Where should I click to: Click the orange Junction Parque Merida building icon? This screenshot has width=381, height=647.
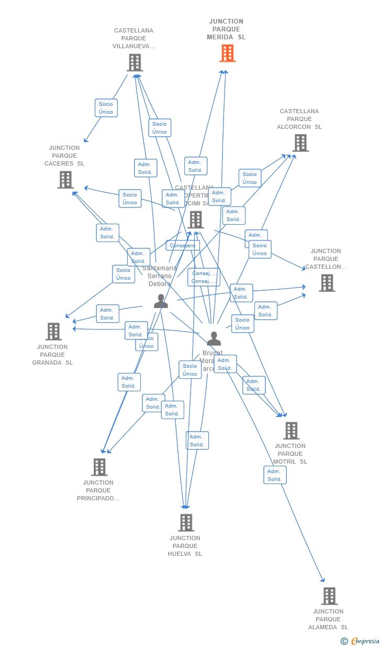[227, 53]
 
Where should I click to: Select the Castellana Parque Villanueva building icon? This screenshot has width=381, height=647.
[135, 63]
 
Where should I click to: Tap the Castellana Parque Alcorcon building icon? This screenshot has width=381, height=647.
[300, 143]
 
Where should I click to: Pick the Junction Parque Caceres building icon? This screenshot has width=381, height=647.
[65, 180]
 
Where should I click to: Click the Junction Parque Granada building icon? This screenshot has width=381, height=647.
[53, 332]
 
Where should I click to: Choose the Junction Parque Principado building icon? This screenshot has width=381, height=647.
[99, 467]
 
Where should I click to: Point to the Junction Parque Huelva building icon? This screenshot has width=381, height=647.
[186, 523]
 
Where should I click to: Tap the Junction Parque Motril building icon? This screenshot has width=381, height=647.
[291, 431]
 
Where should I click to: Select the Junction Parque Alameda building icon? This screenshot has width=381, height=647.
[329, 596]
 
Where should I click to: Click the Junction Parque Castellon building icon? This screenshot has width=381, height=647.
[327, 283]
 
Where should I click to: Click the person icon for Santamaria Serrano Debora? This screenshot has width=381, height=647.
[161, 301]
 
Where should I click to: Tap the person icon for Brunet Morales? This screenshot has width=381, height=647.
[214, 339]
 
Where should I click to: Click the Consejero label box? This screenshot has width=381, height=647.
[183, 246]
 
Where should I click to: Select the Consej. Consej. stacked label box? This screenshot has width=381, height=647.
[204, 277]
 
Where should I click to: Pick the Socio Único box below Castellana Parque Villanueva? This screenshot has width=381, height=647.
[106, 108]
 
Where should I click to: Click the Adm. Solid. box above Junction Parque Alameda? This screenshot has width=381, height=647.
[275, 475]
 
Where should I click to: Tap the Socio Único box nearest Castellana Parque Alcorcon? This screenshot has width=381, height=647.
[250, 178]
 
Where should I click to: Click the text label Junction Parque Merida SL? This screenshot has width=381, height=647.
[226, 29]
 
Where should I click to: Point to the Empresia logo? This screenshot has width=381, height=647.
[365, 641]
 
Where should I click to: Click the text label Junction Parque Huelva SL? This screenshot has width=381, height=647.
[185, 546]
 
